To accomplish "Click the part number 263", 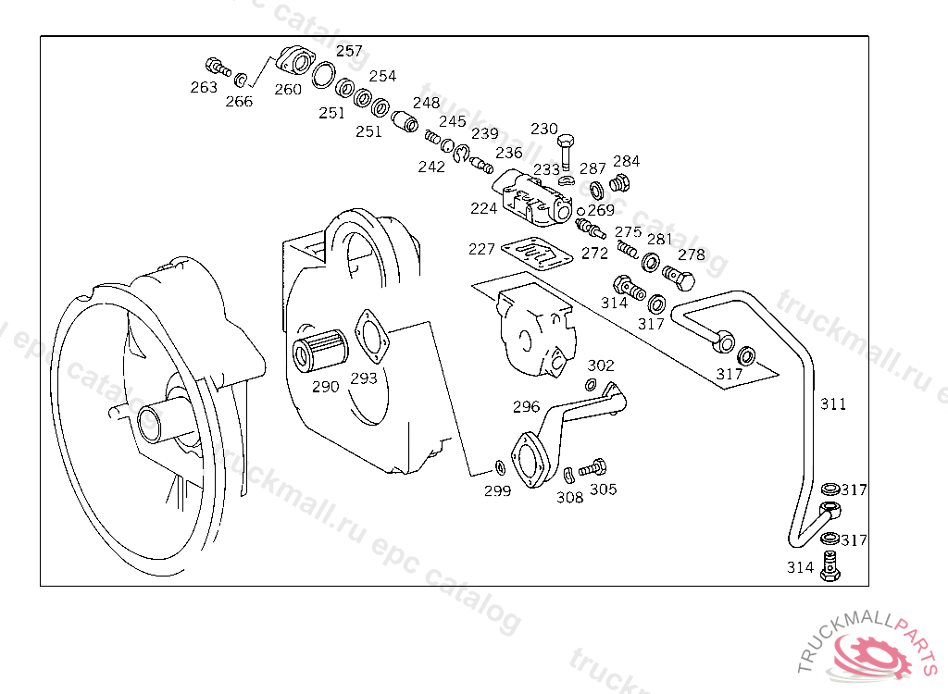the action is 204,88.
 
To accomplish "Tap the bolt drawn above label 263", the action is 216,66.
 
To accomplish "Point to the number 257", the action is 349,52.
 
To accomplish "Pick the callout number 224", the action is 483,209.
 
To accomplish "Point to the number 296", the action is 526,406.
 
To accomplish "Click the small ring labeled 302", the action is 591,385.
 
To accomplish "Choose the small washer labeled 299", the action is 499,465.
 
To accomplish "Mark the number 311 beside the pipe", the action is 833,404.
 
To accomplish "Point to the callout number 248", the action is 427,104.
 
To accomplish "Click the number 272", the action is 594,253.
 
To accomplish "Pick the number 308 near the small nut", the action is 569,498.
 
